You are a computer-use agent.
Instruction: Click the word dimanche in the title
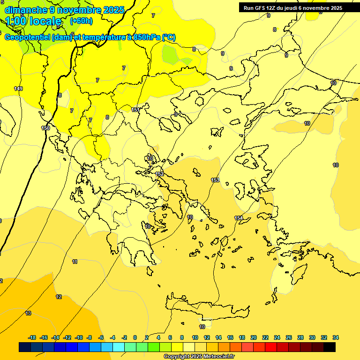click(x=26, y=10)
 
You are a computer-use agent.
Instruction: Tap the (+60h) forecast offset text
click(x=81, y=21)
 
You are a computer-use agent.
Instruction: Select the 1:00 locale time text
click(x=33, y=21)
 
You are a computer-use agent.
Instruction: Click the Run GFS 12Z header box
click(x=293, y=8)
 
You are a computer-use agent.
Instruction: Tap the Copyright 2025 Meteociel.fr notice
click(x=199, y=357)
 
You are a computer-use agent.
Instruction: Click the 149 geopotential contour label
click(x=18, y=89)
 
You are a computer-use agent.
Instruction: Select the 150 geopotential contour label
click(x=45, y=128)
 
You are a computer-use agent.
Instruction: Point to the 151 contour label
click(x=135, y=110)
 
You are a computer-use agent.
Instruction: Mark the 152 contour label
click(x=159, y=174)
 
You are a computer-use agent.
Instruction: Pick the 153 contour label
click(x=215, y=180)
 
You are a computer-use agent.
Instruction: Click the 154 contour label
click(x=239, y=218)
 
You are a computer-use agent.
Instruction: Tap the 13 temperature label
click(x=28, y=313)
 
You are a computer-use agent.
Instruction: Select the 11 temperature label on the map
click(x=75, y=262)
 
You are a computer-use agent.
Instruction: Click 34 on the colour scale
click(x=336, y=337)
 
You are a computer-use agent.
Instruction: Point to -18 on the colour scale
click(x=32, y=337)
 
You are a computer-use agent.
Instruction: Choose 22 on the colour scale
click(x=265, y=337)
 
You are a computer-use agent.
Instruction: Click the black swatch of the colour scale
click(x=330, y=347)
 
